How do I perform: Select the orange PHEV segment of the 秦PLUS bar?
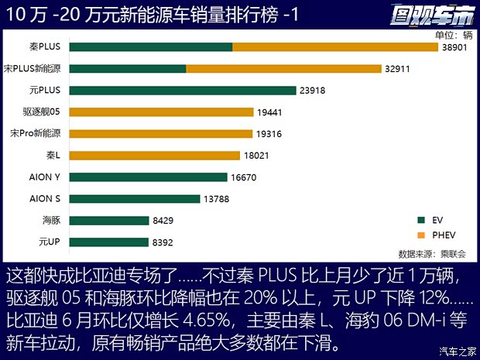click(335, 47)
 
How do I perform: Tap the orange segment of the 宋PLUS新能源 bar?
click(283, 69)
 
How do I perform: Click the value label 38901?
click(457, 47)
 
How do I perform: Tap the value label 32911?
click(398, 69)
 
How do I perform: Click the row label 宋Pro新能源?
click(36, 134)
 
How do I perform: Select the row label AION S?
click(45, 199)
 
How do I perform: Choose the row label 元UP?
click(50, 242)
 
